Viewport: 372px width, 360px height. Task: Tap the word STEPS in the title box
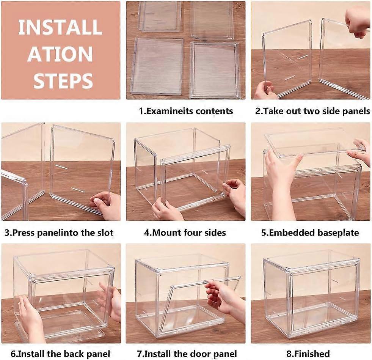[x=60, y=80]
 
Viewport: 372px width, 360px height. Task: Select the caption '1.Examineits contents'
[x=186, y=111]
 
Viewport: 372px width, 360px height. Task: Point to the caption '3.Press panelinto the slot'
[x=59, y=233]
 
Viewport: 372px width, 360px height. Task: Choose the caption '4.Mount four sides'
[x=185, y=233]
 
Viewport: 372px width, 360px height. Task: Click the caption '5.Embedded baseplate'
[x=310, y=233]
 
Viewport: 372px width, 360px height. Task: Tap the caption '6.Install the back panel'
[x=61, y=354]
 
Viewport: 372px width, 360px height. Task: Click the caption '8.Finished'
[x=308, y=354]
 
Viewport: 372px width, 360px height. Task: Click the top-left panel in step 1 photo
[x=160, y=16]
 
